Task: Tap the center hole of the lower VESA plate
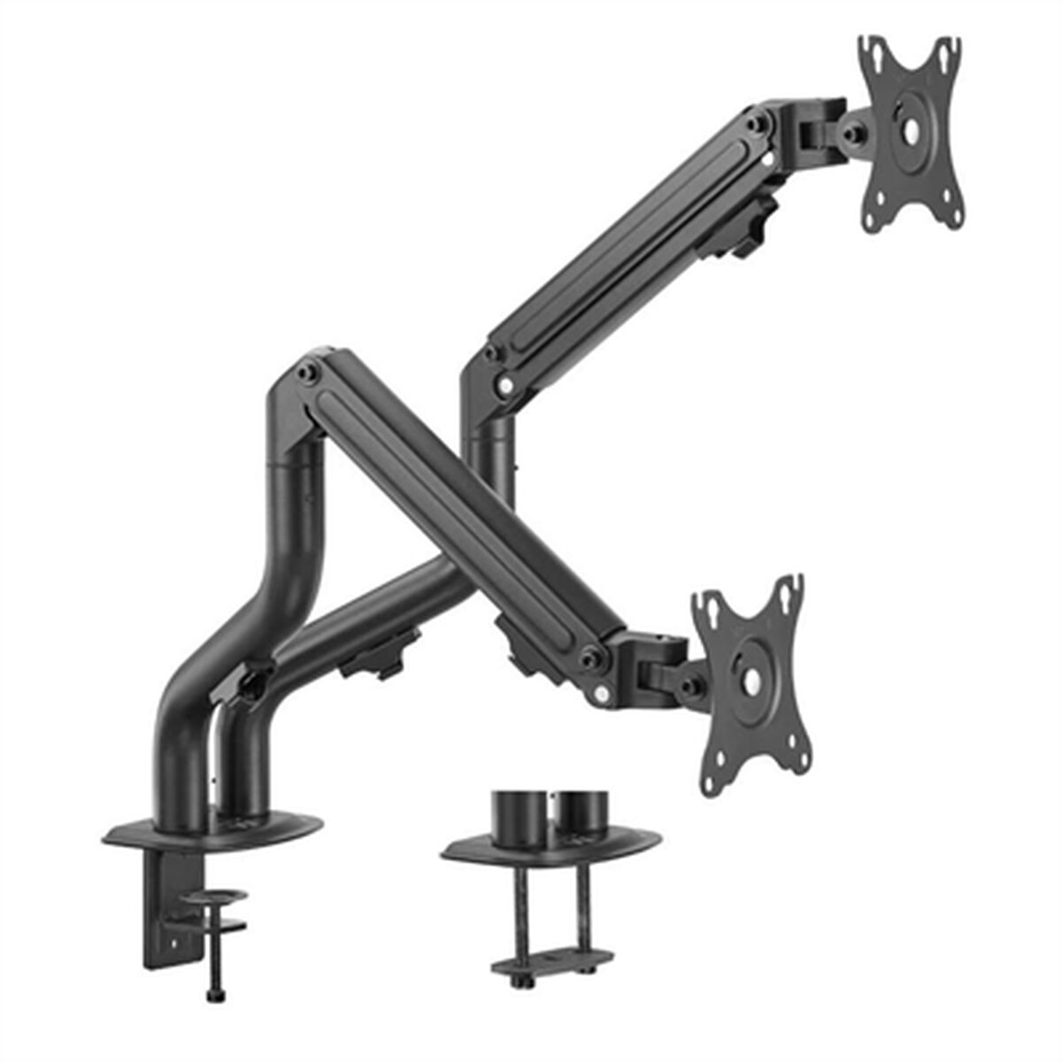pos(751,682)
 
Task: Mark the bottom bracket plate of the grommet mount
pos(553,960)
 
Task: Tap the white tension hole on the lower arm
pos(604,695)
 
